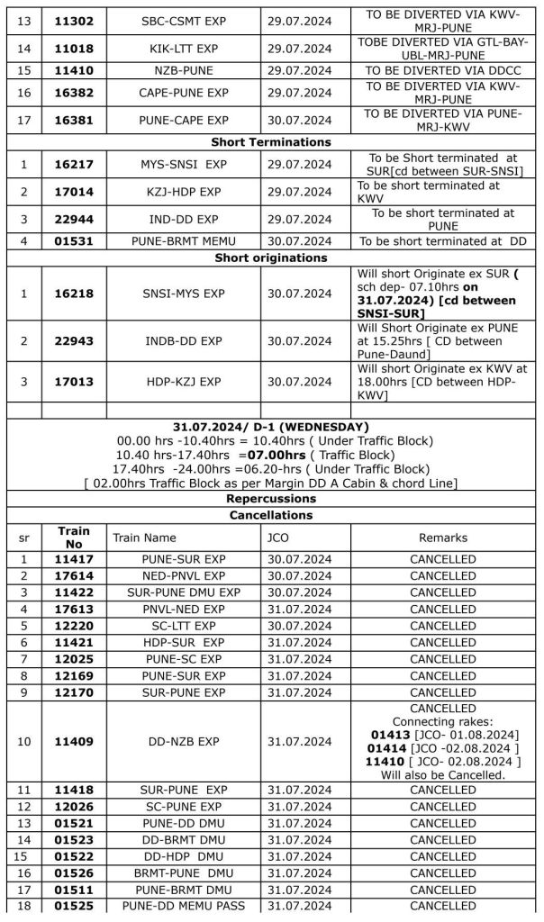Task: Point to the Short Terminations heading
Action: (270, 141)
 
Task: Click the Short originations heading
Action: (270, 258)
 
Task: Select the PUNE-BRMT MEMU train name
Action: (184, 241)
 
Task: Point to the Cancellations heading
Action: (270, 515)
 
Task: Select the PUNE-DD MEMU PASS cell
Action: (184, 905)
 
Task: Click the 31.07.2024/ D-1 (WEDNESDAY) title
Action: (270, 426)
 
